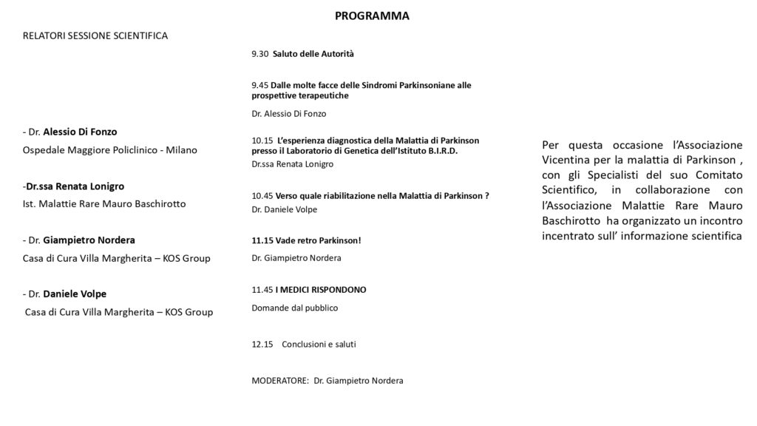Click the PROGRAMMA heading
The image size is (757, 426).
[372, 16]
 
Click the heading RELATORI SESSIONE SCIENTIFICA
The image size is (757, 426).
[95, 35]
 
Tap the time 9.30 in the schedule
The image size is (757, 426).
[260, 54]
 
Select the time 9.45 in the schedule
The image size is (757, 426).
[260, 85]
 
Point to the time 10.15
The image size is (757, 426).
[262, 140]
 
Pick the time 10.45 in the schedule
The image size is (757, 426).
[262, 195]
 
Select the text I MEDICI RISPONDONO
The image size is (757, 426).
[321, 289]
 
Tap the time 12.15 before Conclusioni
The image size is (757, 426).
[262, 344]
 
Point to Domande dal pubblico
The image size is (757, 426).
[294, 308]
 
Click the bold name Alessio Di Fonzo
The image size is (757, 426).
[80, 132]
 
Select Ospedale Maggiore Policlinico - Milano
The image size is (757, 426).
[110, 150]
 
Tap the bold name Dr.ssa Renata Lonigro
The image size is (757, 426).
[75, 186]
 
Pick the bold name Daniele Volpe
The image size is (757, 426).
[75, 294]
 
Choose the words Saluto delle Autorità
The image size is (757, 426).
[313, 54]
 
